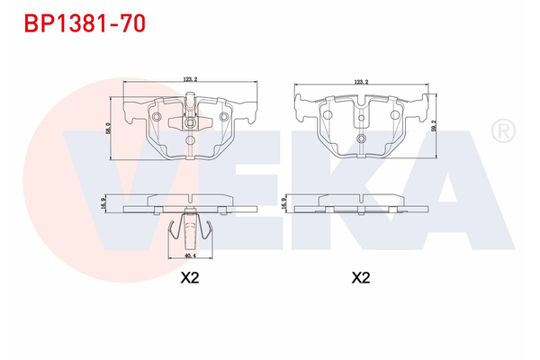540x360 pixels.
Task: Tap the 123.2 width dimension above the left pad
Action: (x=189, y=80)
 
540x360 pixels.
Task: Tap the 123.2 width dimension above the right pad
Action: (x=361, y=81)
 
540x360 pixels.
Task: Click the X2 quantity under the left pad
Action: (x=189, y=278)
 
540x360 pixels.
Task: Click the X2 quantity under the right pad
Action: (x=360, y=278)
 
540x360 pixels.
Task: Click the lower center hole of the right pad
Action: (x=361, y=138)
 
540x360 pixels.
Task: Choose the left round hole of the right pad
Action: (x=330, y=115)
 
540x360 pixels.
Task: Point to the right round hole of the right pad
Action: (x=392, y=115)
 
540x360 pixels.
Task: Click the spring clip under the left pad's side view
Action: (x=189, y=231)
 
